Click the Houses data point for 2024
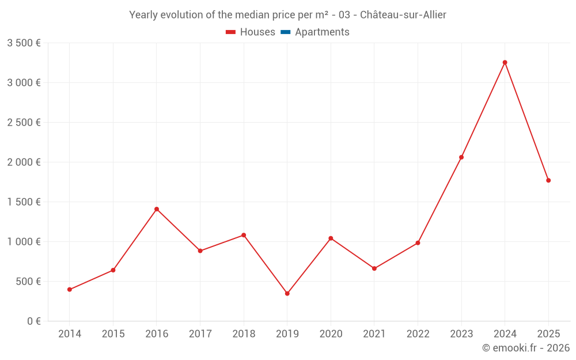coord(505,62)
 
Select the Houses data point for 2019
coord(287,294)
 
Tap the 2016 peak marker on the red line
coord(157,209)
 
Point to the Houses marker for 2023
coord(461,157)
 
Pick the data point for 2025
coord(548,180)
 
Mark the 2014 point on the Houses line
coord(69,290)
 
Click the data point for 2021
coord(374,268)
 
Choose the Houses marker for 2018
coord(244,235)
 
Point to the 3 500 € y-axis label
coord(24,43)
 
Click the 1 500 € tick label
coord(24,202)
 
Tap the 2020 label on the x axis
coord(331,334)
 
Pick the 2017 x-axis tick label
coord(200,334)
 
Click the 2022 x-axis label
coord(418,334)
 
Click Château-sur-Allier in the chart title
coord(403,15)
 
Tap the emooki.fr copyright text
coord(526,348)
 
